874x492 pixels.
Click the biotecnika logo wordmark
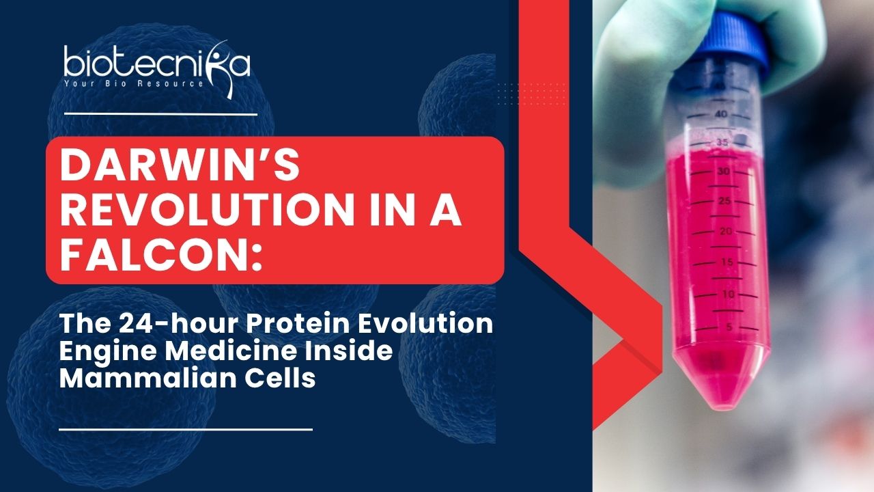point(157,64)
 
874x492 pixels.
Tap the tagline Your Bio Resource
point(134,83)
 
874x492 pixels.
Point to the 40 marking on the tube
point(721,114)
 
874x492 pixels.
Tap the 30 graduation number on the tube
point(723,171)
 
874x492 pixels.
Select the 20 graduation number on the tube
point(726,231)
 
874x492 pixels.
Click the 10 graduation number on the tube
point(728,294)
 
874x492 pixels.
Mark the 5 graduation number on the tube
point(729,327)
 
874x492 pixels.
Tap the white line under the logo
point(160,114)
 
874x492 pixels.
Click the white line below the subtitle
point(186,430)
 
